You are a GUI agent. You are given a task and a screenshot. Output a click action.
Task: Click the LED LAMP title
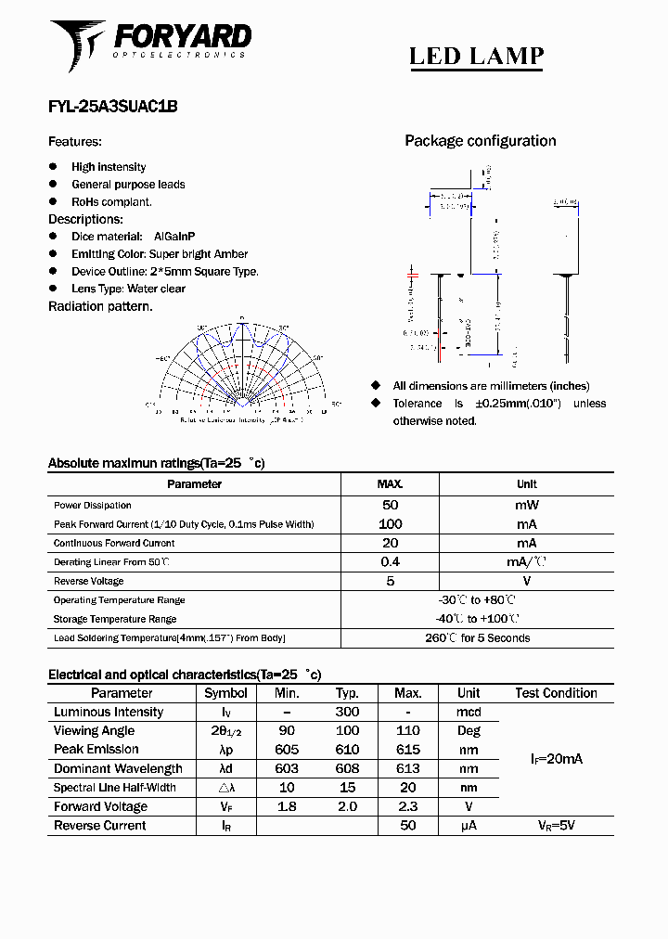(476, 57)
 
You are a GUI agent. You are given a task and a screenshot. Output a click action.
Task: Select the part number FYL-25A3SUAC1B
(112, 107)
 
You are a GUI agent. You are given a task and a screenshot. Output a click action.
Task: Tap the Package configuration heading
(480, 141)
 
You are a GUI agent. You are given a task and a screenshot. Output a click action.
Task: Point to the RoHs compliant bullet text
(111, 201)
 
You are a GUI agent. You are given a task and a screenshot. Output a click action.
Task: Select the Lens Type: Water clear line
(128, 289)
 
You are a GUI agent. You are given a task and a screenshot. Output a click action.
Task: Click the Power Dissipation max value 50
(390, 505)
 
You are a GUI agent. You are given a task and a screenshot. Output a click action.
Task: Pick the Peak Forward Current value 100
(390, 524)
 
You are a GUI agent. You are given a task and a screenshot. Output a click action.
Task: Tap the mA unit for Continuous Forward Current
(526, 543)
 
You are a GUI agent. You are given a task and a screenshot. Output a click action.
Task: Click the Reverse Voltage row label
(88, 581)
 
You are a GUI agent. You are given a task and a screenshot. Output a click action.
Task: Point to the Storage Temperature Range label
(114, 619)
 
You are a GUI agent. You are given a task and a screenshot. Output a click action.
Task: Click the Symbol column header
(225, 693)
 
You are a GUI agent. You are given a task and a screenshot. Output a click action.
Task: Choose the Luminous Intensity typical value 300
(347, 712)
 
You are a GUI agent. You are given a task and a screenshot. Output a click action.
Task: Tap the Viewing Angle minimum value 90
(287, 731)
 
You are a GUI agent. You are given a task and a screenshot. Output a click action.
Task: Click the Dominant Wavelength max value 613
(407, 768)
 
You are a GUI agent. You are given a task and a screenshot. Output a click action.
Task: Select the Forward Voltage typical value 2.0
(347, 806)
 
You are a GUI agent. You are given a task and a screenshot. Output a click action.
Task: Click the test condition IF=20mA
(556, 759)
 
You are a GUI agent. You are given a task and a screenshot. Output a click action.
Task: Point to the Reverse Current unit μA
(469, 825)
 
